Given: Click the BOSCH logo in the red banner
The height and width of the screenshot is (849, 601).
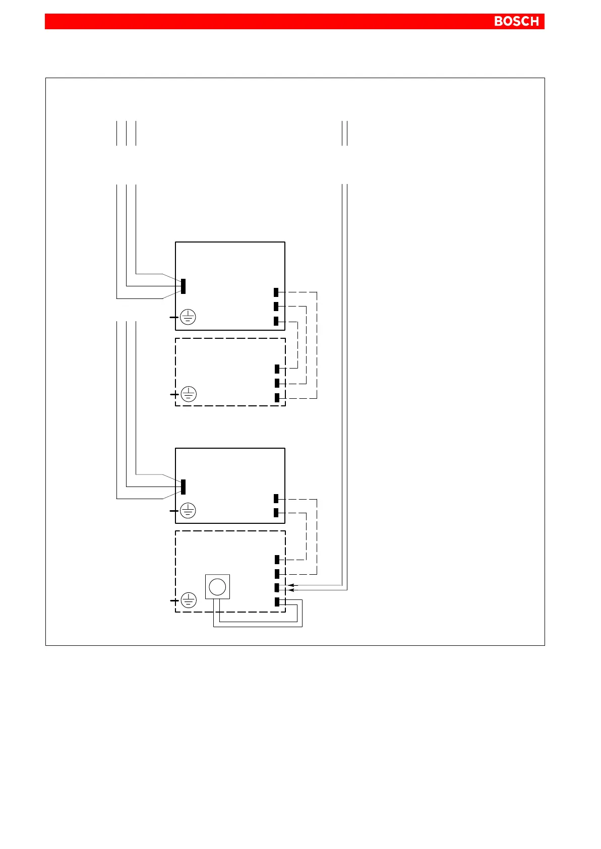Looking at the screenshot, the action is [516, 21].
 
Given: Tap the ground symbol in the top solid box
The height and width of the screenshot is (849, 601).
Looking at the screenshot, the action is [188, 317].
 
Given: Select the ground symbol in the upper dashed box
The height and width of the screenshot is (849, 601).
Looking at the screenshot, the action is [188, 394].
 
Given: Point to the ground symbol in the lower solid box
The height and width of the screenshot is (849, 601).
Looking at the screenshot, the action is [188, 511].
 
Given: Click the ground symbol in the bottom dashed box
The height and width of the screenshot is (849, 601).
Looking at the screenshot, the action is [188, 600].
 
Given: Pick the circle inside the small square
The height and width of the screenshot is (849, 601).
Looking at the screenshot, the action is [217, 586].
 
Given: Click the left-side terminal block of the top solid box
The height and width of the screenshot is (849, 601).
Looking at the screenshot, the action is [183, 286].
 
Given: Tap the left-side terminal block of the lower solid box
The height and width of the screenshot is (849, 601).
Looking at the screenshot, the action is [183, 487].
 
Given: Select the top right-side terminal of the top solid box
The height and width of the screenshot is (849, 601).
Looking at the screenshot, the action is [276, 292].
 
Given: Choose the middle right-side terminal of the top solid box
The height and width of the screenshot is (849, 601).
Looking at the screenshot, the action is [276, 306].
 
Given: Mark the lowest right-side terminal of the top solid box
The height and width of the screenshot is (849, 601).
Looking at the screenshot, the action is [276, 321].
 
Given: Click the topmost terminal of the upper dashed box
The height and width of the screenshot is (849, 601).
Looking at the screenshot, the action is [277, 369].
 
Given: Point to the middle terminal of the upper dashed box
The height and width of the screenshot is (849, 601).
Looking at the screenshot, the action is [277, 383].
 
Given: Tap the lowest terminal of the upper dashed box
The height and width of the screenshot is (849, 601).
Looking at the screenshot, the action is [277, 397].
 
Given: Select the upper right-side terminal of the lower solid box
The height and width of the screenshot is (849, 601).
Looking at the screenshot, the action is [276, 499].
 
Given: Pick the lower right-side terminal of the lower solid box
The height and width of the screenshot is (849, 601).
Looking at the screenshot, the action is [276, 513].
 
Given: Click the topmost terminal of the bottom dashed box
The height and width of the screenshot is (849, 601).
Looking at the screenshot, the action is [277, 559].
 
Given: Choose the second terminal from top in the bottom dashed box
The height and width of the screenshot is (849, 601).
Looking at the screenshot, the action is [277, 573].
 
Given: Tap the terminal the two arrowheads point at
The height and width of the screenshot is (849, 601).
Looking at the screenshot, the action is [277, 587].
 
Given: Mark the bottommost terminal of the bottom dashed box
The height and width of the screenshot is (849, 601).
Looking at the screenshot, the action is [277, 601].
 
